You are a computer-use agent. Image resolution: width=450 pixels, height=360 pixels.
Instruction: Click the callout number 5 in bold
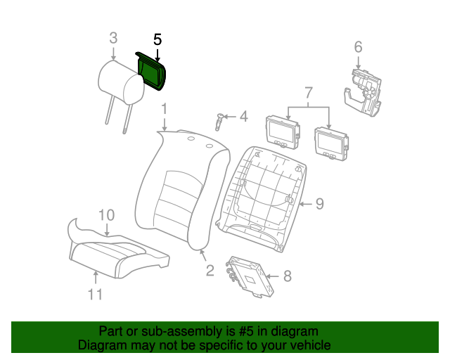tap(157, 39)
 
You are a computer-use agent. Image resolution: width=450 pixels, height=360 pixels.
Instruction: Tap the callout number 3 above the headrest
tap(113, 38)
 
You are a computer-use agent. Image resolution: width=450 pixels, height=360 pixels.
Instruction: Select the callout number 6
tap(358, 47)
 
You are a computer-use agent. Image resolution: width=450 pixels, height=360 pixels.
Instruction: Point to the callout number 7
tap(308, 93)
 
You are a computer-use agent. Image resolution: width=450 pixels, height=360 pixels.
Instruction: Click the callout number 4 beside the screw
tap(244, 117)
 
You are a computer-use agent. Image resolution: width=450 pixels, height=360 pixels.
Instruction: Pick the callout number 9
tap(320, 204)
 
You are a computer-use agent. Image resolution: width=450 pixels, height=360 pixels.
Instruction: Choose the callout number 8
tap(288, 276)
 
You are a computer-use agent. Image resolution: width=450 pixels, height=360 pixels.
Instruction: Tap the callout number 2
tap(210, 271)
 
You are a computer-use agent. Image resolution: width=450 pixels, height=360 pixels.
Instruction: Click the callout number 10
tap(106, 215)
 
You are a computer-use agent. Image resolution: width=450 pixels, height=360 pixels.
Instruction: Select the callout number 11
tap(95, 295)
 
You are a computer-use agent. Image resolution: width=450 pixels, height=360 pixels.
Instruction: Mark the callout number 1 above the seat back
tap(164, 109)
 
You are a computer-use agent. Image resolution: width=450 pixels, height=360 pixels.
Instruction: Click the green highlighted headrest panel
tap(151, 72)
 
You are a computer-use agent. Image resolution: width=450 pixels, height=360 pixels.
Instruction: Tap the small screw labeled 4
tap(219, 122)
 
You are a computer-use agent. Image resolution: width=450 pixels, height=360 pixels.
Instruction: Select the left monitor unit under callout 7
tap(283, 132)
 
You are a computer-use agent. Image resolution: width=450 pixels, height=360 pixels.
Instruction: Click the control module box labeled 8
tap(250, 276)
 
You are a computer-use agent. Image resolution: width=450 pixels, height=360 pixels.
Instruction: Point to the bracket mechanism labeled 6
tap(363, 92)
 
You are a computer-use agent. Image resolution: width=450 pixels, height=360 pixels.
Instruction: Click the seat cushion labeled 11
tap(119, 257)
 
